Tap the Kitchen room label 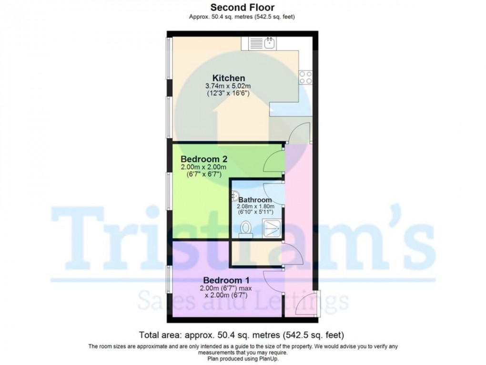point(229,78)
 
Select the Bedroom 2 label point(203,159)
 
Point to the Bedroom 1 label point(226,280)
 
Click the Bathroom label point(255,200)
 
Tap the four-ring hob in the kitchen point(305,77)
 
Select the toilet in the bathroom point(246,229)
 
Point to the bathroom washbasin point(235,196)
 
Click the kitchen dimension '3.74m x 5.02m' point(228,86)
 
